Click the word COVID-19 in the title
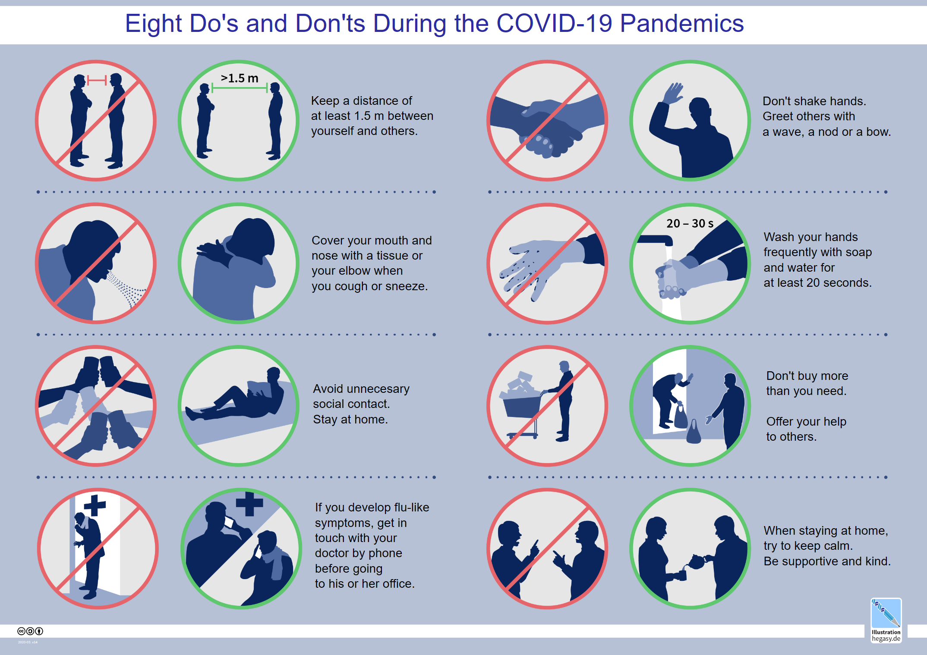[555, 23]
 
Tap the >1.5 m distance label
[240, 78]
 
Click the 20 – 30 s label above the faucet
[690, 223]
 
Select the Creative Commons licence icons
[30, 631]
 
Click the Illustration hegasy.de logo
[886, 620]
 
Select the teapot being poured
[696, 562]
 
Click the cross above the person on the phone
[249, 504]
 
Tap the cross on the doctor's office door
[95, 505]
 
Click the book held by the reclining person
[259, 389]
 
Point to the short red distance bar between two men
[97, 80]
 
